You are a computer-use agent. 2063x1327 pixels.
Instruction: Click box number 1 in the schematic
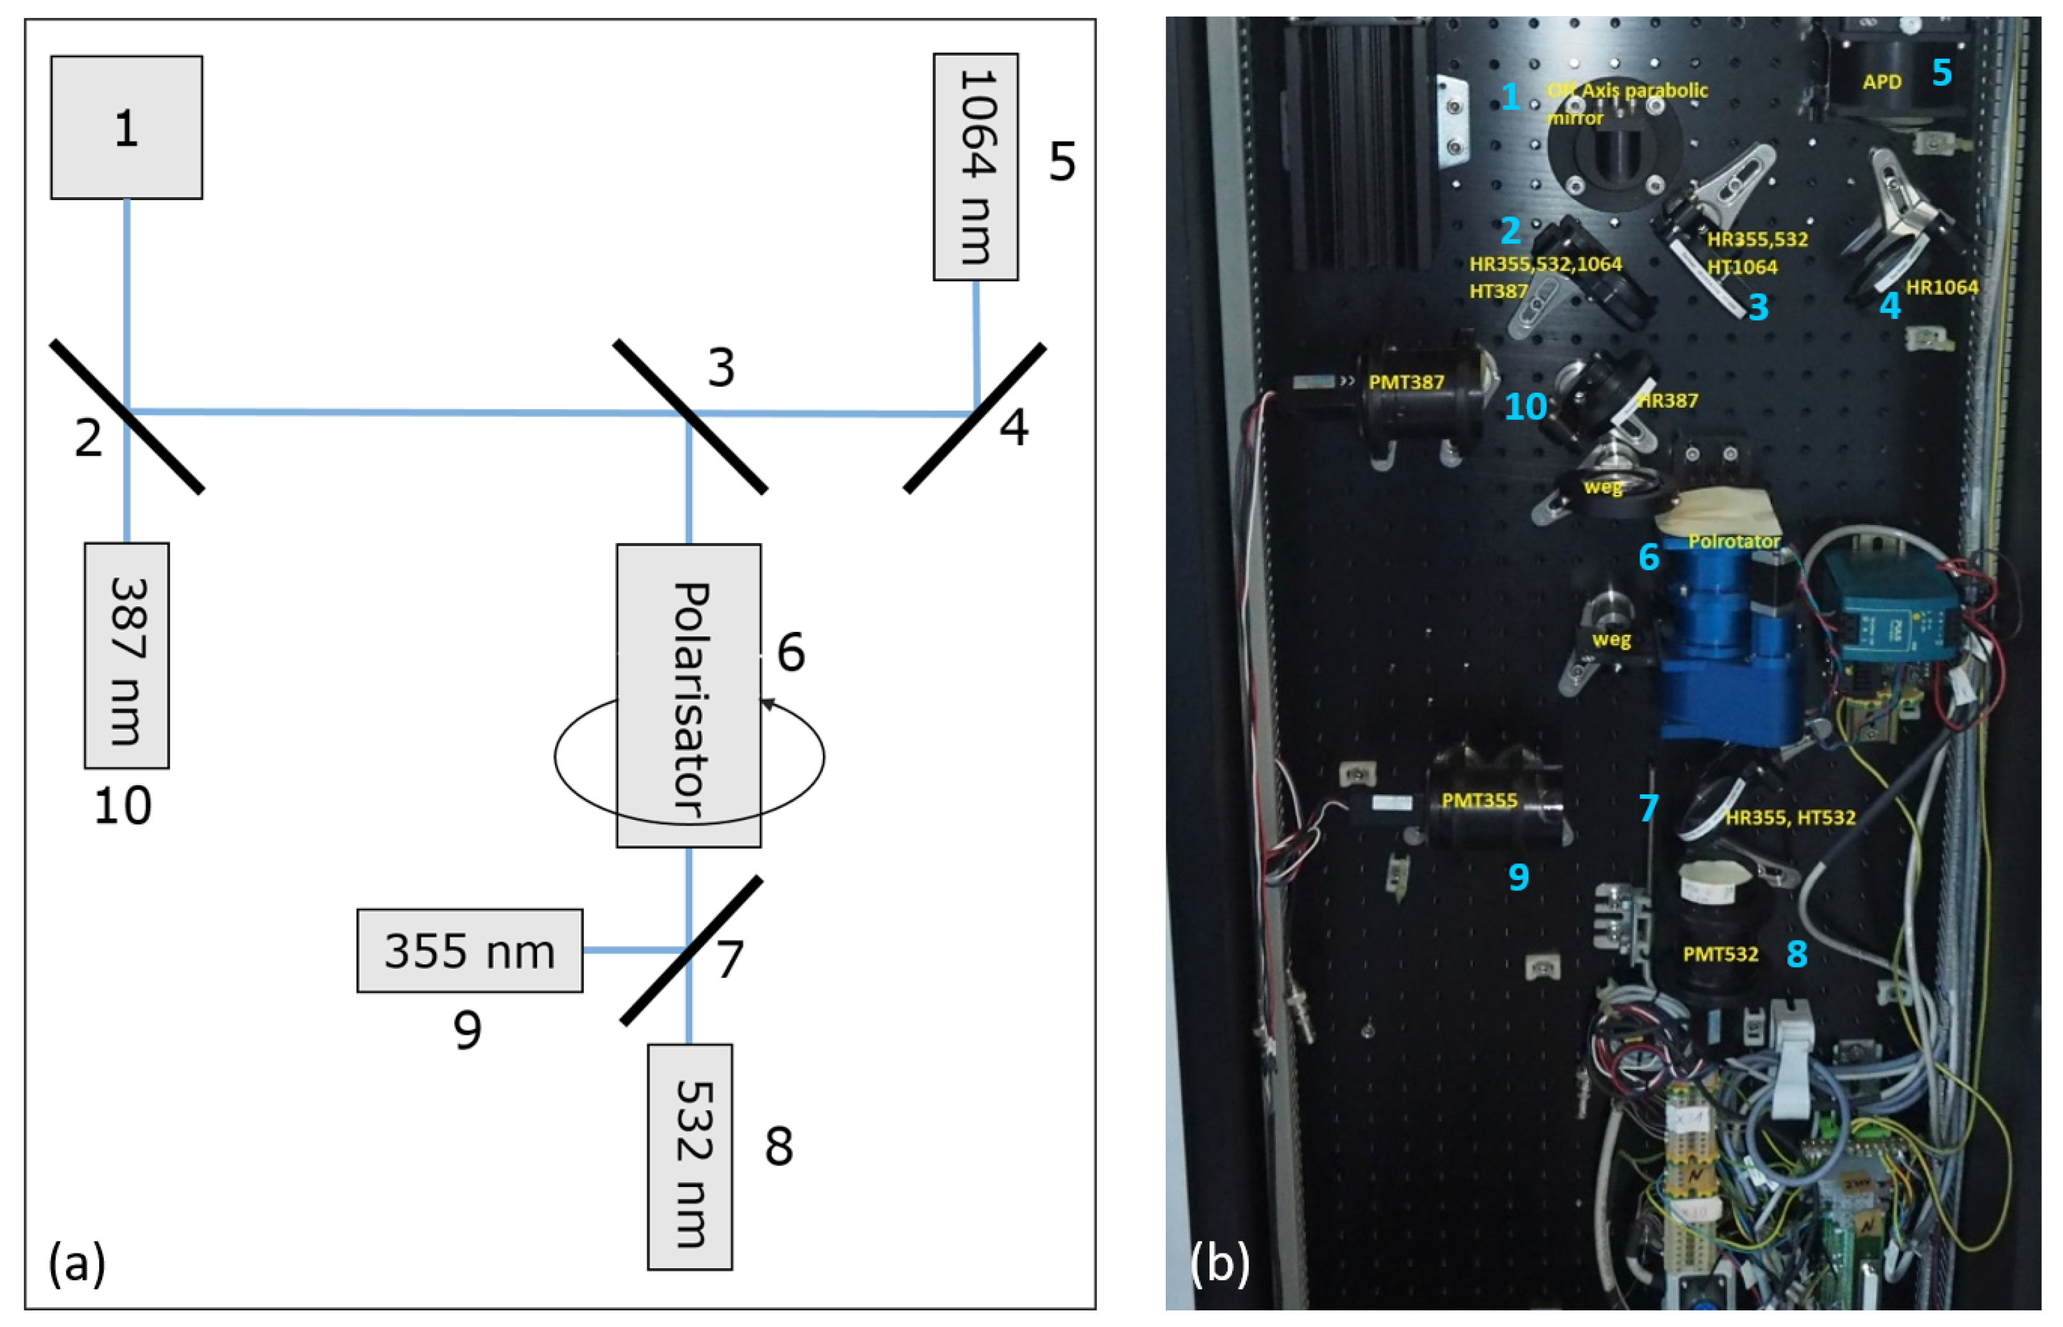pos(127,127)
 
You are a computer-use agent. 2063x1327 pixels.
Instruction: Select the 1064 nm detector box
pos(975,166)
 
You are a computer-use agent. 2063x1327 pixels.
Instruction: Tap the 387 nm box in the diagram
pos(127,655)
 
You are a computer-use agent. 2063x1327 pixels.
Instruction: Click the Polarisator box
pos(688,695)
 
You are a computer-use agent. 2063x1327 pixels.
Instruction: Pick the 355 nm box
pos(469,950)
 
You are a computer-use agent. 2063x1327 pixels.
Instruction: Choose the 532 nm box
pos(689,1156)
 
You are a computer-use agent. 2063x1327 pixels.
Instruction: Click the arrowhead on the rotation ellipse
pos(767,704)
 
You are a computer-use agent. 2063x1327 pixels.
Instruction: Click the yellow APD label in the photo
pos(1881,82)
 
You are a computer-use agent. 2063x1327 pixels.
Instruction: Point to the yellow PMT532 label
pos(1720,954)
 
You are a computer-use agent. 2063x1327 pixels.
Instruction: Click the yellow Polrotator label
pos(1733,541)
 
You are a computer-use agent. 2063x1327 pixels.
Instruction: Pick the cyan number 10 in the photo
pos(1525,406)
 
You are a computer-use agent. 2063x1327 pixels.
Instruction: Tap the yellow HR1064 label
pos(1941,288)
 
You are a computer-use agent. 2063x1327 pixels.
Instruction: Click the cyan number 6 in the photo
pos(1649,556)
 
